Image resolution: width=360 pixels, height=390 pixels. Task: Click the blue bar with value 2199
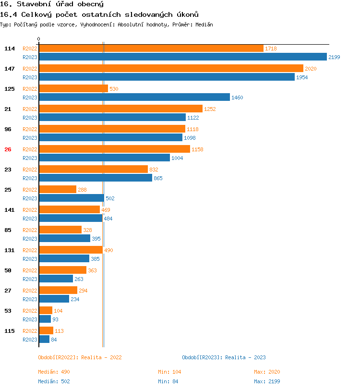182,57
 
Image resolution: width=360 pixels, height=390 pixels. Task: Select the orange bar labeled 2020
171,68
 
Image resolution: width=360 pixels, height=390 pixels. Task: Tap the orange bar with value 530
73,88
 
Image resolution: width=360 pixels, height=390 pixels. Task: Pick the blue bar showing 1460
134,97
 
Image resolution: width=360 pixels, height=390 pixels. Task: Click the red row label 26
8,149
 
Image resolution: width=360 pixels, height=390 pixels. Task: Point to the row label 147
10,69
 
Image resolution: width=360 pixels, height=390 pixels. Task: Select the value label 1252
210,109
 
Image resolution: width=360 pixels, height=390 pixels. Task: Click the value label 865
158,178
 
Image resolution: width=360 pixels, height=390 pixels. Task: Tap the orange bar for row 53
45,310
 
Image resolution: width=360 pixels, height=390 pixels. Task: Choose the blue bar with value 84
44,339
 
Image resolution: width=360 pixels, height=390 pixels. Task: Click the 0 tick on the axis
39,39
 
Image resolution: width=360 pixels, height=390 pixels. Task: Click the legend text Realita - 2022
101,357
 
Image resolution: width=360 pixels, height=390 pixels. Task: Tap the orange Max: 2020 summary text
267,372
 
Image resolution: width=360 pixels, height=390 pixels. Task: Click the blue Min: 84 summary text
169,381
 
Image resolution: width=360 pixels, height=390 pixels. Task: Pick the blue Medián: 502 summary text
54,381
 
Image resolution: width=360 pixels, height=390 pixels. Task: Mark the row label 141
10,210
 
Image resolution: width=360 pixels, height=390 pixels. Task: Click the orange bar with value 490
71,250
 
